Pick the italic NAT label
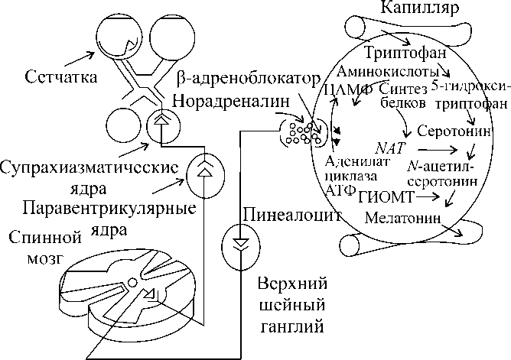[x=390, y=146]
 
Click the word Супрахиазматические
[x=90, y=167]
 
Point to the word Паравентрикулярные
[x=109, y=209]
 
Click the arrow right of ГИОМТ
[x=427, y=197]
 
